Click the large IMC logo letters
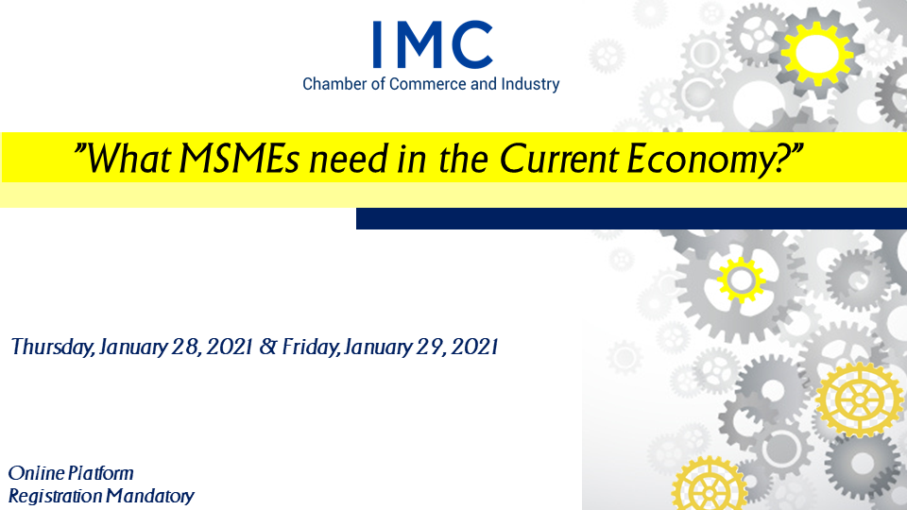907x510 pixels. click(x=433, y=44)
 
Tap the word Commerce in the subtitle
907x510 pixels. click(x=427, y=84)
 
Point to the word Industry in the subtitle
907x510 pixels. click(x=530, y=85)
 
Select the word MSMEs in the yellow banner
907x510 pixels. click(x=239, y=159)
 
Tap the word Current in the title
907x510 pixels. click(x=558, y=159)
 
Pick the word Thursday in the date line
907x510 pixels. click(x=52, y=347)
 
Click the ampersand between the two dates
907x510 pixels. click(x=267, y=347)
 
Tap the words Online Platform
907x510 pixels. click(x=71, y=473)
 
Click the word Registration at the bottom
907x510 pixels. click(x=55, y=496)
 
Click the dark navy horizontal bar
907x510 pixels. click(x=632, y=218)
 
